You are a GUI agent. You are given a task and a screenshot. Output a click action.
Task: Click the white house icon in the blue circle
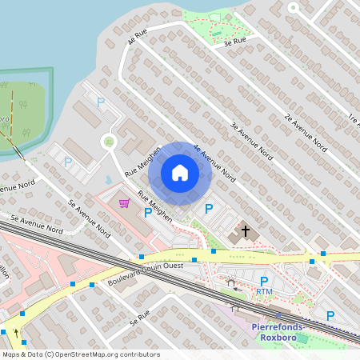pyautogui.click(x=180, y=173)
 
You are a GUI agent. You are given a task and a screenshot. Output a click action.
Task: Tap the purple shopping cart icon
pyautogui.click(x=124, y=203)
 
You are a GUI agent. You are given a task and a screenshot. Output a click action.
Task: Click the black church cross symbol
pyautogui.click(x=246, y=232)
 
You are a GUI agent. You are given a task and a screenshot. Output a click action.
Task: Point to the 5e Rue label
pyautogui.click(x=139, y=318)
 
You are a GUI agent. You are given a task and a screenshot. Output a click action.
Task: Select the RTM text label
pyautogui.click(x=264, y=292)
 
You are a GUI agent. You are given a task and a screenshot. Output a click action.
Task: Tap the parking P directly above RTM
pyautogui.click(x=264, y=281)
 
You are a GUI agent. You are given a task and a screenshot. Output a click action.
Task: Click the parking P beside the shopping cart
pyautogui.click(x=147, y=212)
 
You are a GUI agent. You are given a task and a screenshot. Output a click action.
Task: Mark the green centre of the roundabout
pyautogui.click(x=108, y=142)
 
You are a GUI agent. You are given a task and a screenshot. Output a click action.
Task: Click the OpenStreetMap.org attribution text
pyautogui.click(x=105, y=354)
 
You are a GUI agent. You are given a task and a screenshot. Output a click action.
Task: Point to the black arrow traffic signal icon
pyautogui.click(x=15, y=332)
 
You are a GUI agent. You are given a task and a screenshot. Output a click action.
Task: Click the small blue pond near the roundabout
pyautogui.click(x=108, y=178)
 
